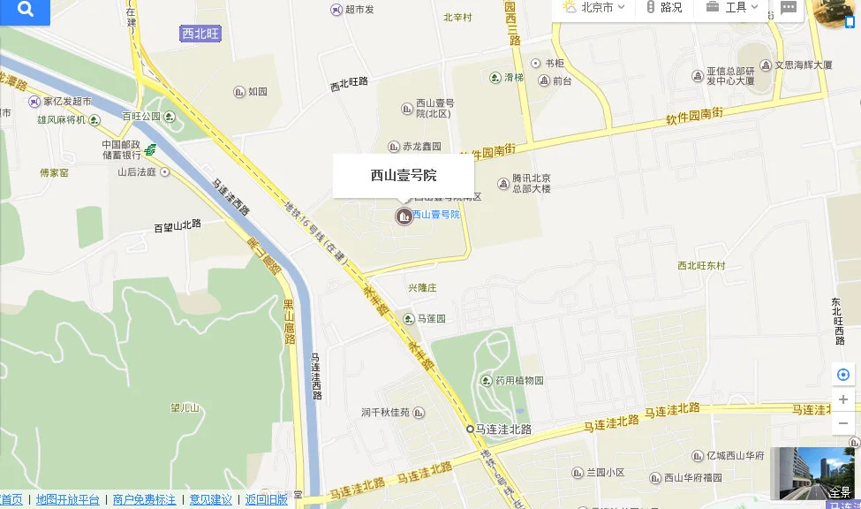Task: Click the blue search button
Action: (26, 11)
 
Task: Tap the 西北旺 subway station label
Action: (200, 34)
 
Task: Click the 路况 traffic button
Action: (665, 8)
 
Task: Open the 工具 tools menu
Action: (732, 8)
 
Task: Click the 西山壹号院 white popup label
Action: (404, 175)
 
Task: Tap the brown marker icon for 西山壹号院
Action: (404, 216)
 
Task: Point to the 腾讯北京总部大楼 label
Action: (531, 184)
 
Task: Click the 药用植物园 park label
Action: (519, 381)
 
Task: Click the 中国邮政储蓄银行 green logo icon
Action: (151, 149)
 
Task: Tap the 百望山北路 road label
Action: (177, 226)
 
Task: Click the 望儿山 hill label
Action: (184, 408)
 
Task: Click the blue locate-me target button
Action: (843, 376)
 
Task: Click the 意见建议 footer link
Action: (210, 500)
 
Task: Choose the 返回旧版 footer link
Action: (266, 500)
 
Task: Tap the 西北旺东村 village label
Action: (701, 266)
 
